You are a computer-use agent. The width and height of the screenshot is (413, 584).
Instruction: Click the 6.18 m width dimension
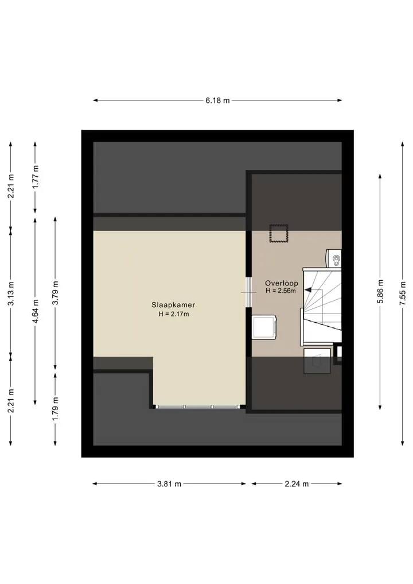tap(217, 100)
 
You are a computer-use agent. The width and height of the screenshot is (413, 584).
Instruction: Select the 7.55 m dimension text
tap(402, 293)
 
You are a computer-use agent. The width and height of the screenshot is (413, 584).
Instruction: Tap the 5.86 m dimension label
tap(380, 291)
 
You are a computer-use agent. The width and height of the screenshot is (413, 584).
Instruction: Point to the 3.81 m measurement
tap(169, 484)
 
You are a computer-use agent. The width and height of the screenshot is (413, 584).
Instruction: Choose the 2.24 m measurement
tap(297, 484)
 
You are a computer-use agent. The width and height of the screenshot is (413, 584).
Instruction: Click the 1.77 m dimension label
tap(36, 176)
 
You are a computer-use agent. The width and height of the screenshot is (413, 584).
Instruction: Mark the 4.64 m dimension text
tap(36, 311)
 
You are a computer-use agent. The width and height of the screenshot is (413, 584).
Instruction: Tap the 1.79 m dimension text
tap(56, 409)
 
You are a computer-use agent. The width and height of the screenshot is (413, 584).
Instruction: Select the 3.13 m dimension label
tap(11, 293)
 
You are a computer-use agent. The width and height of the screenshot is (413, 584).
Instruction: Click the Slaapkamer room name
tap(173, 305)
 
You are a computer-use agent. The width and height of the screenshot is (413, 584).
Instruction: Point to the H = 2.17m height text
tap(174, 314)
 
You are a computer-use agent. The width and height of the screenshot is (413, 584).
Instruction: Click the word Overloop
tap(281, 283)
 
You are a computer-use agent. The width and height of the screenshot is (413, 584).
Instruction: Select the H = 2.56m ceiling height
tap(281, 291)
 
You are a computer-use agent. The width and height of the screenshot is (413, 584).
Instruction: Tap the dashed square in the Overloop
tap(279, 233)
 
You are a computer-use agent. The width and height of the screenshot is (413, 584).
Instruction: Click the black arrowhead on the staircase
tap(309, 289)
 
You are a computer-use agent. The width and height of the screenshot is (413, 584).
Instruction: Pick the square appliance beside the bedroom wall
tap(264, 327)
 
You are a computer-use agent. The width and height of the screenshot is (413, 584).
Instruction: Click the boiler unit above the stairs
tap(334, 258)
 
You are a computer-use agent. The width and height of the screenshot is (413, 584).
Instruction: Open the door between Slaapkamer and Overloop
tap(248, 292)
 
